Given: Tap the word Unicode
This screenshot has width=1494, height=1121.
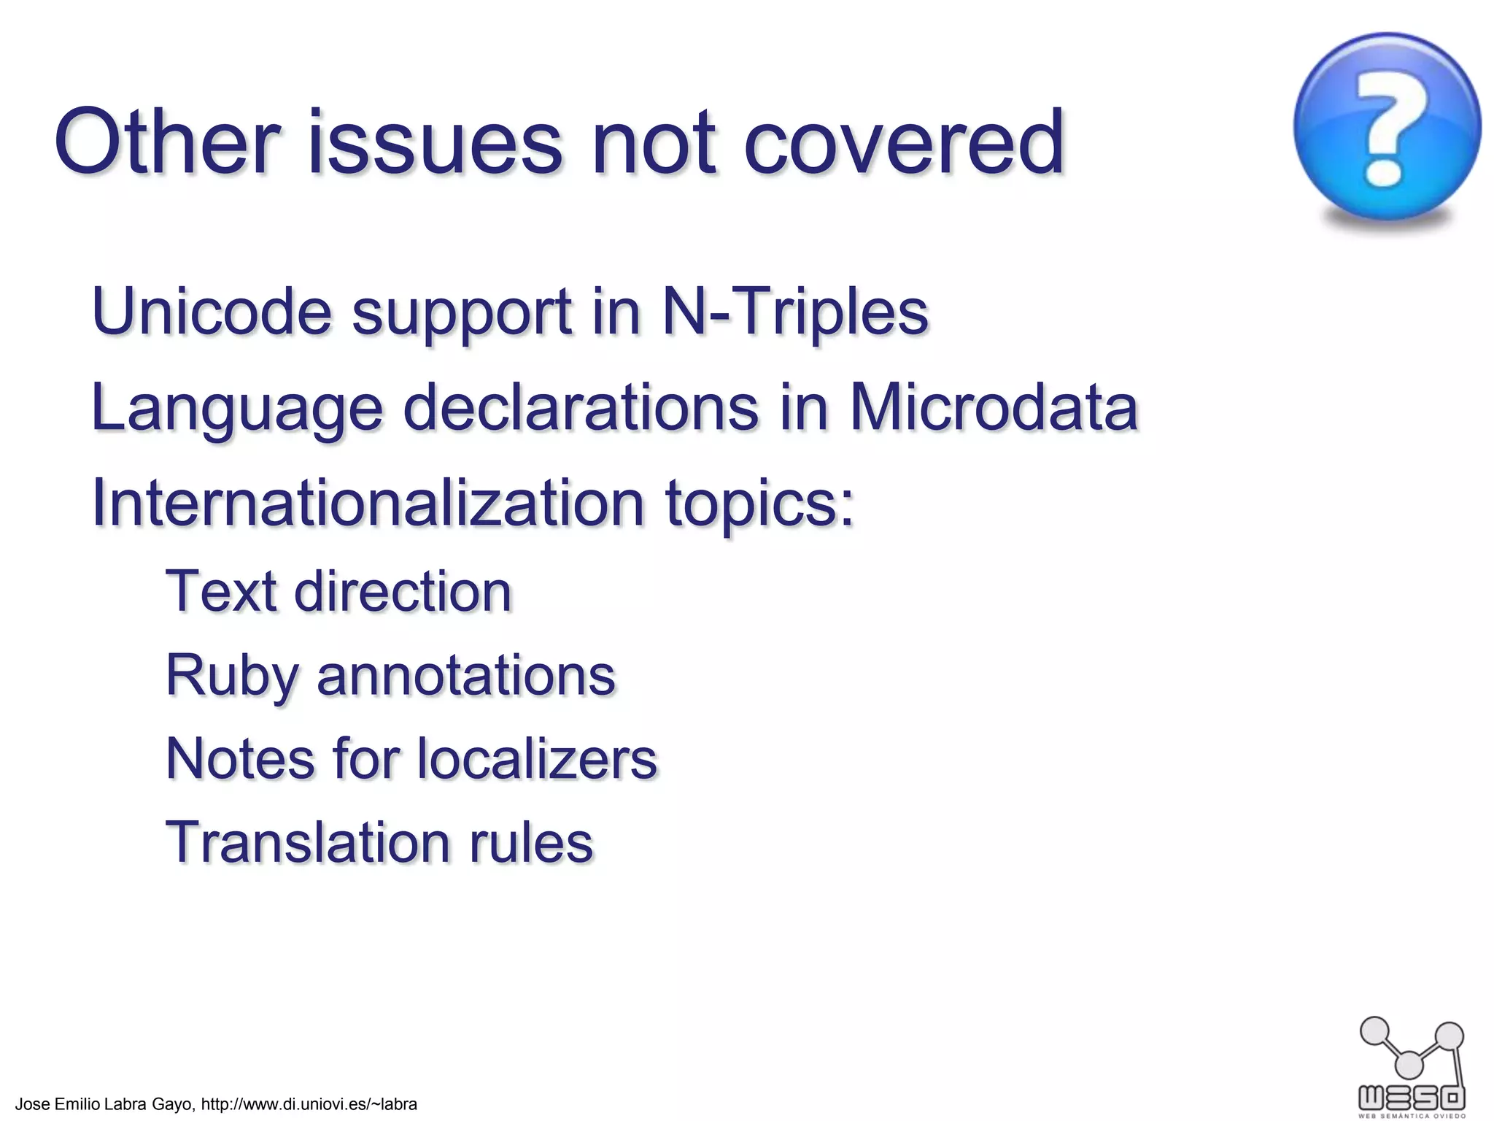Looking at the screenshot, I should pyautogui.click(x=212, y=312).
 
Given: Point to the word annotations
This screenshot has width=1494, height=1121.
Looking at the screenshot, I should pyautogui.click(x=466, y=676).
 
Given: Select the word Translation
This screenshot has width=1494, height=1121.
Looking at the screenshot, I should pyautogui.click(x=307, y=842).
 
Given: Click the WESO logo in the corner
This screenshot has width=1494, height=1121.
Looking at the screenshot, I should pyautogui.click(x=1412, y=1066).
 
